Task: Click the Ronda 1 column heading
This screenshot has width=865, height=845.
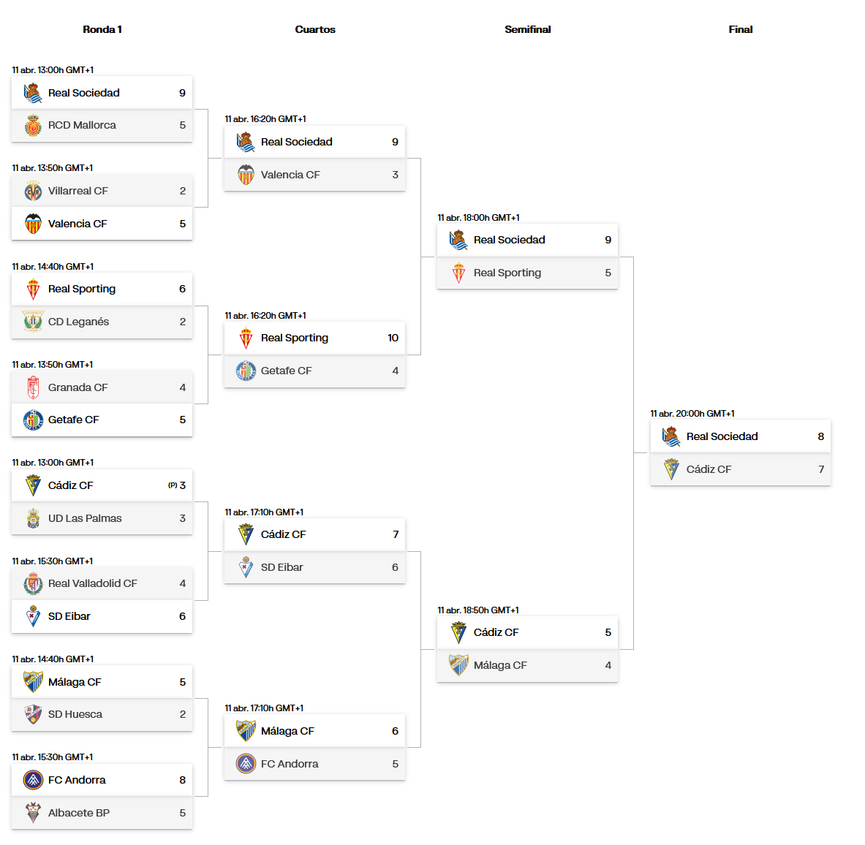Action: point(102,29)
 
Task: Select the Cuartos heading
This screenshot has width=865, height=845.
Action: point(315,29)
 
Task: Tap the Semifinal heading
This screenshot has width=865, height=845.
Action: point(527,29)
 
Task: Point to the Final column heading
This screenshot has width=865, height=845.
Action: point(740,29)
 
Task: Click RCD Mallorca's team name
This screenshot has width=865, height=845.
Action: point(82,125)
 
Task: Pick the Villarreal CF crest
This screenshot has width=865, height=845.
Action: point(33,191)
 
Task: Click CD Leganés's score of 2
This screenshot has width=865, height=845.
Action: point(183,322)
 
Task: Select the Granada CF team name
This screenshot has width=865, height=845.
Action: point(78,387)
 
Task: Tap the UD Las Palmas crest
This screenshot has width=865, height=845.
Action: point(33,518)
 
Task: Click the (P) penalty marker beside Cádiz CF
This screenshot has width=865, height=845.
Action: point(173,485)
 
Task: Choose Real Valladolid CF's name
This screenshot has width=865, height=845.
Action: point(93,583)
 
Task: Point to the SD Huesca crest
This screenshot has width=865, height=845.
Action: point(33,714)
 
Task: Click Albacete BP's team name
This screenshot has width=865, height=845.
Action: point(79,813)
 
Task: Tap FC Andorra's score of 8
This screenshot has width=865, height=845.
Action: point(183,780)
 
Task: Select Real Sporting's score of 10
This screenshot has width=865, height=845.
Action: point(393,338)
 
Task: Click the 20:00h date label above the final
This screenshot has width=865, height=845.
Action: point(692,414)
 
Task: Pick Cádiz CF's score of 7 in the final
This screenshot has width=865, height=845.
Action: point(821,469)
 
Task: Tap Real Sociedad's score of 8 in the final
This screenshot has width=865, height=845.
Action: point(821,436)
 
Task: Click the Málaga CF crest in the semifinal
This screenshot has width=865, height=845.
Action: point(458,665)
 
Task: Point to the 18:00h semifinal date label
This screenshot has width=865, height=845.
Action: point(478,218)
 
